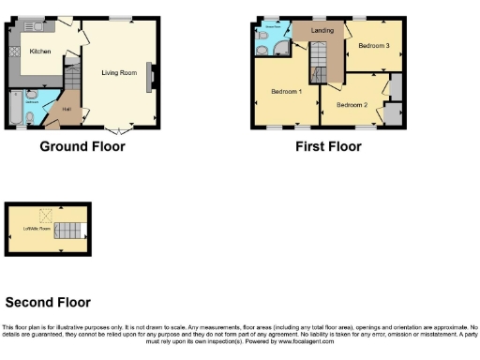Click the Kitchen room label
(x=39, y=52)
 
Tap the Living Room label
(x=119, y=73)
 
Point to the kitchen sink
(x=36, y=24)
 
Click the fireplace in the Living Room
(x=152, y=80)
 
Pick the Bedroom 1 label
(x=285, y=91)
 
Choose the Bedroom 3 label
(x=373, y=46)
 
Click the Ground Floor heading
(x=82, y=146)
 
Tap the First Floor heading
(x=329, y=146)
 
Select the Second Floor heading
(x=48, y=302)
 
